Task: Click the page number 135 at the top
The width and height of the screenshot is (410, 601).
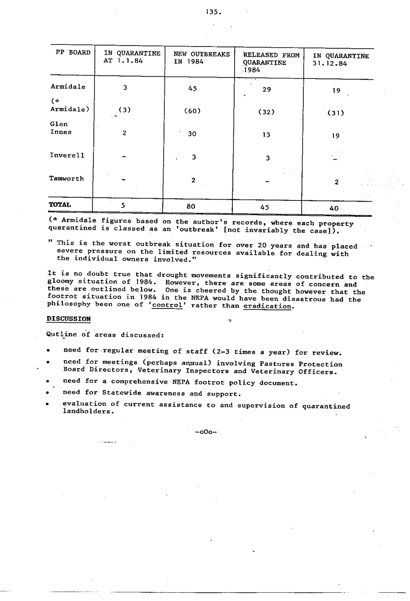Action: (213, 12)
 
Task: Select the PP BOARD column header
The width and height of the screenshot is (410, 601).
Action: (73, 53)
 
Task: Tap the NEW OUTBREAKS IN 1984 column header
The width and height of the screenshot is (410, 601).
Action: (201, 58)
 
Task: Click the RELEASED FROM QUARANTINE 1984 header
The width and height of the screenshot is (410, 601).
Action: (271, 62)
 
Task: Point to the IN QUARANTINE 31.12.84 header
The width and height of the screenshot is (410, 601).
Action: (340, 60)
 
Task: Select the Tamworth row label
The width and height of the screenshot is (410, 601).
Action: (67, 179)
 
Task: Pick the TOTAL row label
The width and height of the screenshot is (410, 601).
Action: (60, 205)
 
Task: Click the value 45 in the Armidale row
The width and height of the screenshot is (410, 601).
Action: (192, 89)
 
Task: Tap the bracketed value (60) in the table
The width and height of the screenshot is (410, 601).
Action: (192, 111)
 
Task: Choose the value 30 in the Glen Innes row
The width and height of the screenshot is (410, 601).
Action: (192, 134)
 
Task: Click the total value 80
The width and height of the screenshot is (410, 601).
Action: (191, 206)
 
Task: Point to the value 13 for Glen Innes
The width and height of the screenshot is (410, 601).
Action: (266, 135)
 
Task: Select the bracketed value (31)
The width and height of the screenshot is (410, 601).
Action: (336, 113)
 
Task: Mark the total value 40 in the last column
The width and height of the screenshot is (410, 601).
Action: (334, 208)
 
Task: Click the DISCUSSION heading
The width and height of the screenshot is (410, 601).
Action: (69, 319)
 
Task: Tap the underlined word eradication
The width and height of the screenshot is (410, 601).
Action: (267, 306)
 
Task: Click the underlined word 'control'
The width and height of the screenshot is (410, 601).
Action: (167, 305)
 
